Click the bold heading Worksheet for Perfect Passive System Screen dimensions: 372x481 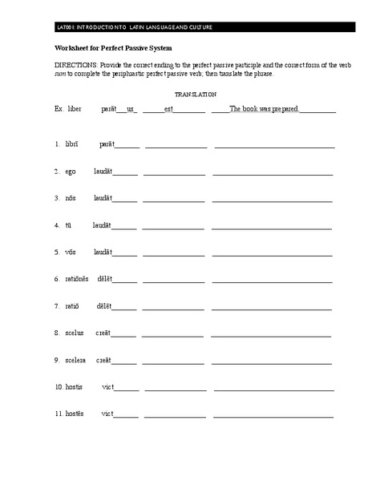pos(107,48)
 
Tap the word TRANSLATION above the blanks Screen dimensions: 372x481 pos(195,94)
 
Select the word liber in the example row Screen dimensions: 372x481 pos(75,108)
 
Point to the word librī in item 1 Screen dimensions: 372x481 pos(72,144)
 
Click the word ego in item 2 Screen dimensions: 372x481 pos(71,172)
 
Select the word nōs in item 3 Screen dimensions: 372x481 pos(71,198)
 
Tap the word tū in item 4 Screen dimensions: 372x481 pos(70,225)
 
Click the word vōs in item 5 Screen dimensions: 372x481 pos(71,252)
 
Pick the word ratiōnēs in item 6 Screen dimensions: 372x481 pos(78,279)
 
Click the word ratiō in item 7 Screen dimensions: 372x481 pos(72,306)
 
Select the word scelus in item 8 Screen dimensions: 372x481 pos(75,333)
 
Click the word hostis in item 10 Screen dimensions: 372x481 pos(75,387)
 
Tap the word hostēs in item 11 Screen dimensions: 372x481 pos(75,414)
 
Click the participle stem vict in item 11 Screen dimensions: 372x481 pos(107,414)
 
